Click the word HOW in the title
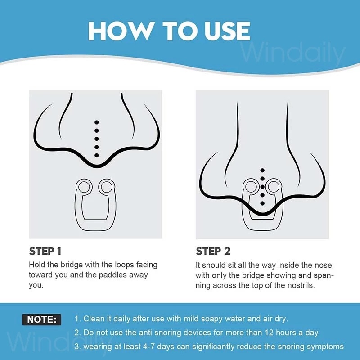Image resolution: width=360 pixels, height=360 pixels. click(x=121, y=31)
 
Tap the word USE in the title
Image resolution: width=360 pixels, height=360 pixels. click(x=227, y=31)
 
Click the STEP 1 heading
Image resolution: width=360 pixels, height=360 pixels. click(x=45, y=251)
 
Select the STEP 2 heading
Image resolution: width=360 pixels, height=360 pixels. click(x=213, y=251)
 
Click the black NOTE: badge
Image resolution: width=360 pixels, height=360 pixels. click(x=41, y=319)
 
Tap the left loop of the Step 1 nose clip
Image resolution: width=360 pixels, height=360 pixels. click(x=84, y=187)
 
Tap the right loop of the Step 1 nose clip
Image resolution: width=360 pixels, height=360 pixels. click(x=107, y=187)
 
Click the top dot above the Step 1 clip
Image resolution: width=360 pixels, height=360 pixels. click(x=97, y=122)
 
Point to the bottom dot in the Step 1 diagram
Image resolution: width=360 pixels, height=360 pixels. click(x=97, y=155)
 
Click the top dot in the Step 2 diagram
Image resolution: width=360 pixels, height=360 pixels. click(x=262, y=171)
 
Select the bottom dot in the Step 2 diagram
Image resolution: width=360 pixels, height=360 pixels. click(x=262, y=203)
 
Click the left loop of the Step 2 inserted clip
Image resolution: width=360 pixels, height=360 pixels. click(x=251, y=186)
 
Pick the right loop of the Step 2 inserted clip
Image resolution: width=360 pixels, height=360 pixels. click(x=274, y=186)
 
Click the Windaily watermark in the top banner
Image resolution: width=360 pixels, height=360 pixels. click(x=292, y=53)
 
